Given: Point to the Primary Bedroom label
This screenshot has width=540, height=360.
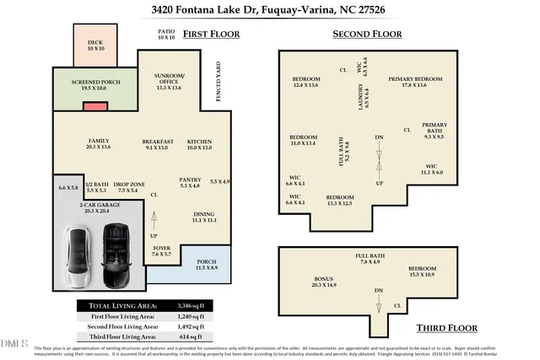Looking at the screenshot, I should [414, 82].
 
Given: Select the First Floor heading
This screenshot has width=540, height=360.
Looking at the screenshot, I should [211, 35].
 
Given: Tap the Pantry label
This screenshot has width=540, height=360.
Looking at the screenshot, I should [189, 182].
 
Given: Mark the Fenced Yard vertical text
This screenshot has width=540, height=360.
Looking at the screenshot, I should [219, 81].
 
